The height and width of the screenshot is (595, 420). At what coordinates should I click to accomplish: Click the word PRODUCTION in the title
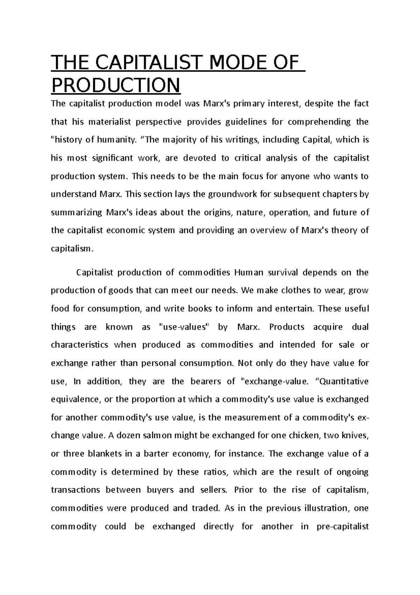[115, 85]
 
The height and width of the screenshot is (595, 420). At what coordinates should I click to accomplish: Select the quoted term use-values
[184, 327]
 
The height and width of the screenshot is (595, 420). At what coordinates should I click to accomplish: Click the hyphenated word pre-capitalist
[342, 526]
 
